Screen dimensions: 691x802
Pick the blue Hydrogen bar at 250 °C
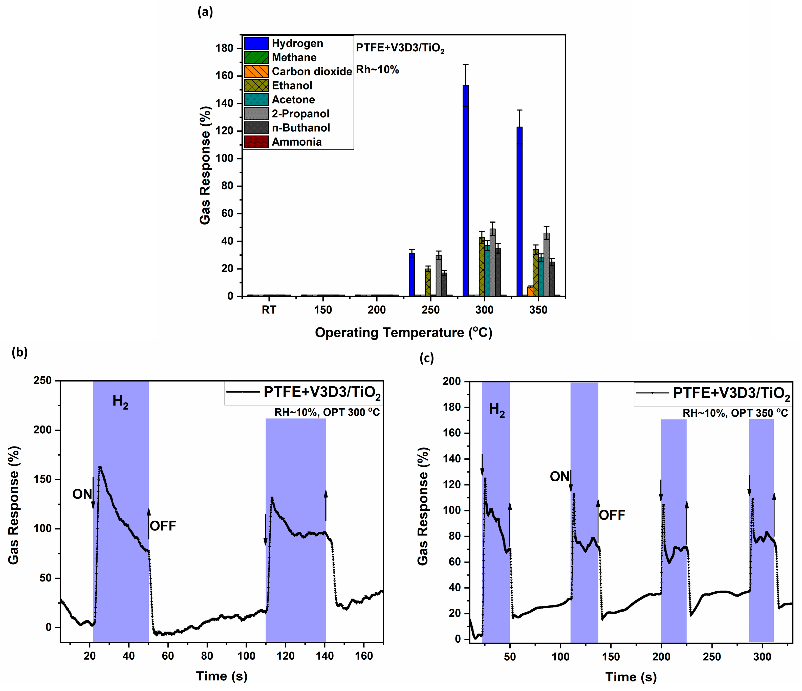[x=412, y=276]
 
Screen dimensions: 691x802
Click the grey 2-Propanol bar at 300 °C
[x=492, y=263]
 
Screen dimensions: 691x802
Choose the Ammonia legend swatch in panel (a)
[x=256, y=142]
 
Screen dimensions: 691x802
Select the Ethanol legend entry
[x=292, y=85]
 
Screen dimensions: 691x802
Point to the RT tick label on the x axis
[x=269, y=310]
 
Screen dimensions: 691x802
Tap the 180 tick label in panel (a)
[x=225, y=48]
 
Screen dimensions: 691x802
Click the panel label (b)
[x=20, y=352]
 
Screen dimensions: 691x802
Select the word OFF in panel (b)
[x=163, y=526]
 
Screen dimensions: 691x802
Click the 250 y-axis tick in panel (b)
[x=42, y=381]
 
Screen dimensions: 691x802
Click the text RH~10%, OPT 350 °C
[x=735, y=413]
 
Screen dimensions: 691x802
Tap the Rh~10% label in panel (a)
[x=377, y=70]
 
